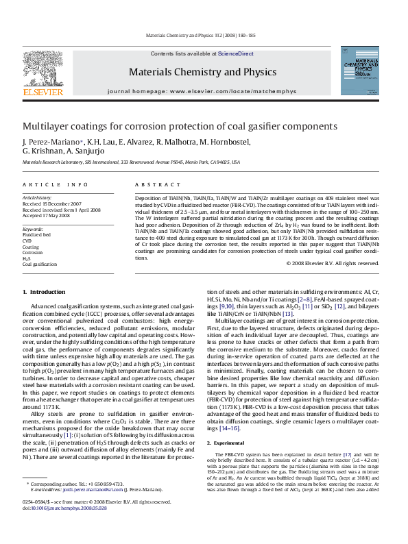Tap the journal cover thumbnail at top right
click(359, 71)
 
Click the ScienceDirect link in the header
click(235, 53)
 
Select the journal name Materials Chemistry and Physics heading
click(193, 71)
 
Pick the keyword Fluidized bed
click(37, 235)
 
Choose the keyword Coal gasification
click(40, 264)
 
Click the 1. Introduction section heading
click(45, 292)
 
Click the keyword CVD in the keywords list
click(27, 241)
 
